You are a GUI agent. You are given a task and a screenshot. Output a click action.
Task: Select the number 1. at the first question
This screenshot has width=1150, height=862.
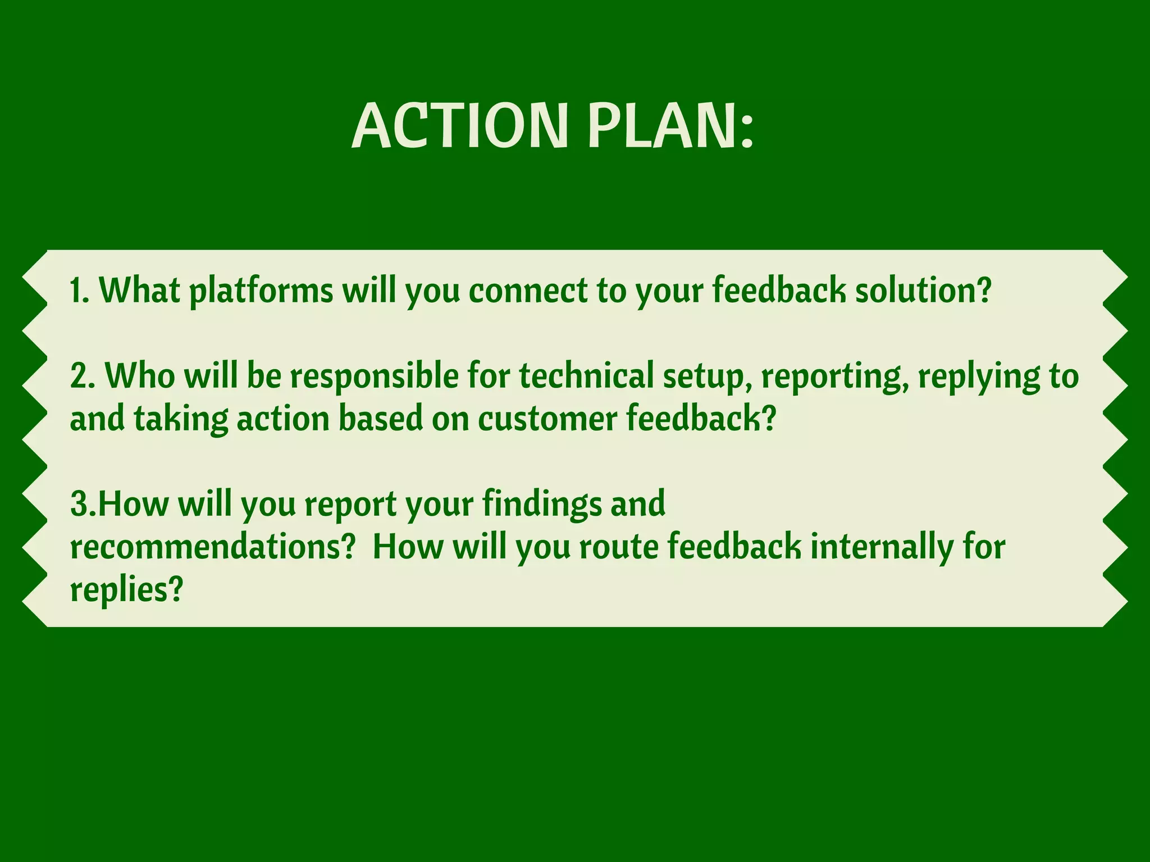click(x=79, y=291)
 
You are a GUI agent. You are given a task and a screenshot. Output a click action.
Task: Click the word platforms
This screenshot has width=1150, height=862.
click(x=261, y=292)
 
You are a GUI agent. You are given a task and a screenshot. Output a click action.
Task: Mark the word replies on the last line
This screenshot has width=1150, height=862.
click(x=121, y=591)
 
